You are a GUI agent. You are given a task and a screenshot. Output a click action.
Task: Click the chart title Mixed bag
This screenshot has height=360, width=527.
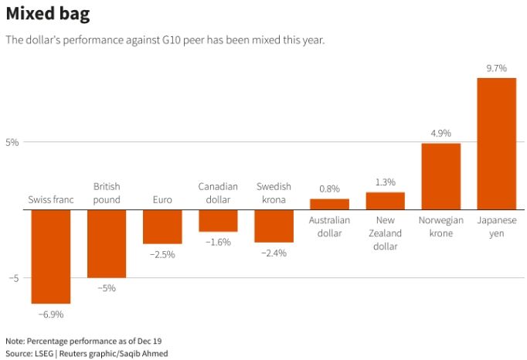47,14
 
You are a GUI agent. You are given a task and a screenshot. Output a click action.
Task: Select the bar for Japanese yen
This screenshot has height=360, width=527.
496,143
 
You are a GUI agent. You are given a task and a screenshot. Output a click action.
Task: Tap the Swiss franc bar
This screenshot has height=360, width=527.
51,256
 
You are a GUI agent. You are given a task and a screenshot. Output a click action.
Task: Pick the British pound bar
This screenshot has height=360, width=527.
107,243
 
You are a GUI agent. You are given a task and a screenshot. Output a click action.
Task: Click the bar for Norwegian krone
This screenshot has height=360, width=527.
440,176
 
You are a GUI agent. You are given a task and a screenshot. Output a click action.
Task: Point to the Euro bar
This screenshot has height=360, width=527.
162,226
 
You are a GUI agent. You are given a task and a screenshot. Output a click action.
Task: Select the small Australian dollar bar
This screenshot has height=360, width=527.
329,204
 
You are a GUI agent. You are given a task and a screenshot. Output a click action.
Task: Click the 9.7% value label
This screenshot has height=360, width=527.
496,68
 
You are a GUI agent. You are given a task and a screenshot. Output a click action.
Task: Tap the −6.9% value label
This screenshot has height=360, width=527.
51,314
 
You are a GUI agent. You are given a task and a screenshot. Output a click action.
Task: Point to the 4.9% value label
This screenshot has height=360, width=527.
440,133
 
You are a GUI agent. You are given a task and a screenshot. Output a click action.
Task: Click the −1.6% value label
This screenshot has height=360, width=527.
218,242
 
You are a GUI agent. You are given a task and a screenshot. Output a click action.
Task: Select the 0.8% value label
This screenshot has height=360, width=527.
329,188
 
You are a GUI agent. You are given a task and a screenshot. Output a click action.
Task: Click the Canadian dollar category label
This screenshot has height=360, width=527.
218,193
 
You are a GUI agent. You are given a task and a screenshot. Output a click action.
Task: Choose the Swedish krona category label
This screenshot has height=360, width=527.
274,193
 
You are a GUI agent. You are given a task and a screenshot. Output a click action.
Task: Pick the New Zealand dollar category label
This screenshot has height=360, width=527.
385,233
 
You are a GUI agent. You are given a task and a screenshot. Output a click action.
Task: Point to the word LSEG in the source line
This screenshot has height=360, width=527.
47,353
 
